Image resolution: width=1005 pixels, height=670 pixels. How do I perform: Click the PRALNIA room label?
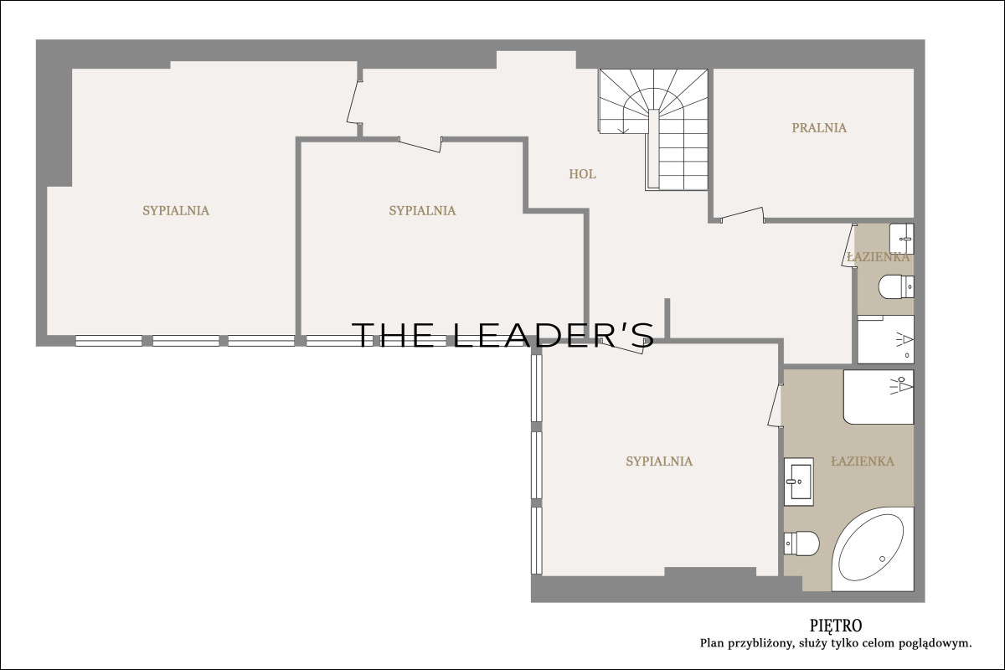[819, 128]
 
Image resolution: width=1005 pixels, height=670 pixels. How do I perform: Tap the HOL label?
[582, 174]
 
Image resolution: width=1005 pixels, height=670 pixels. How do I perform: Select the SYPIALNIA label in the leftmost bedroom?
[176, 210]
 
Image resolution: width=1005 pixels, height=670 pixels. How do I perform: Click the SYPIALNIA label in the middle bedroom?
[422, 210]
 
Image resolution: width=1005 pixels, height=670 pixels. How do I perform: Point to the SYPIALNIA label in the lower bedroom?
[659, 461]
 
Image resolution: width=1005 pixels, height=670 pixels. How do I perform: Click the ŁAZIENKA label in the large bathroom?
[863, 461]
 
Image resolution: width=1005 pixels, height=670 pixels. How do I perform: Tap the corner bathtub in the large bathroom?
[873, 549]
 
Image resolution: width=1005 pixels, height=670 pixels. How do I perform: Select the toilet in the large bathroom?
[801, 544]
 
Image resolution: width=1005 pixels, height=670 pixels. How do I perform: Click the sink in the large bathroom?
[799, 482]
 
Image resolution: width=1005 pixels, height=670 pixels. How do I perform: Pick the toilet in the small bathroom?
[896, 286]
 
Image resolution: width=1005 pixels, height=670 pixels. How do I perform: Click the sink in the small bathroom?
[902, 239]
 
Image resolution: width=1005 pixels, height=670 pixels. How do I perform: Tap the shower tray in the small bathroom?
[886, 339]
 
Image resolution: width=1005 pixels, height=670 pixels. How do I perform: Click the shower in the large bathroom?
[879, 397]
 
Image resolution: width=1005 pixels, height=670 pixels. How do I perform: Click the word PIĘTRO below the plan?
[836, 626]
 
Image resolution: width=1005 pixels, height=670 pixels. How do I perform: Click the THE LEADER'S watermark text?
[502, 335]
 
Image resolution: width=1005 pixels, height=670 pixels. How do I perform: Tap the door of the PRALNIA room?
[742, 214]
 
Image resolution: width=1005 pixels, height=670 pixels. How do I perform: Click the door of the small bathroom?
[849, 246]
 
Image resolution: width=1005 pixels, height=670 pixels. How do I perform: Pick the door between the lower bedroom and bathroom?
[775, 405]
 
